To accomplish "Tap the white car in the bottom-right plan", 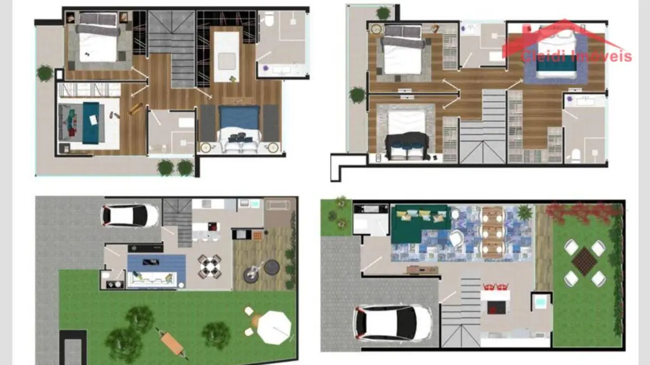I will coord(392,324).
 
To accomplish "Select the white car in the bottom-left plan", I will coord(130,215).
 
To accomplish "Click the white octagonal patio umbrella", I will coord(275,326).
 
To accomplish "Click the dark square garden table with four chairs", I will coord(584,261).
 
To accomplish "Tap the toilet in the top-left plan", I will coord(269,20).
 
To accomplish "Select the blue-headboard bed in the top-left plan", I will coord(240,130).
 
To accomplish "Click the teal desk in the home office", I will coord(90,120).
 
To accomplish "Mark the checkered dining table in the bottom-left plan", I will coord(209,267).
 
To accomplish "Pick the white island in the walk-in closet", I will coord(227,51).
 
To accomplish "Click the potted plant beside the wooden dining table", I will coord(524,212).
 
